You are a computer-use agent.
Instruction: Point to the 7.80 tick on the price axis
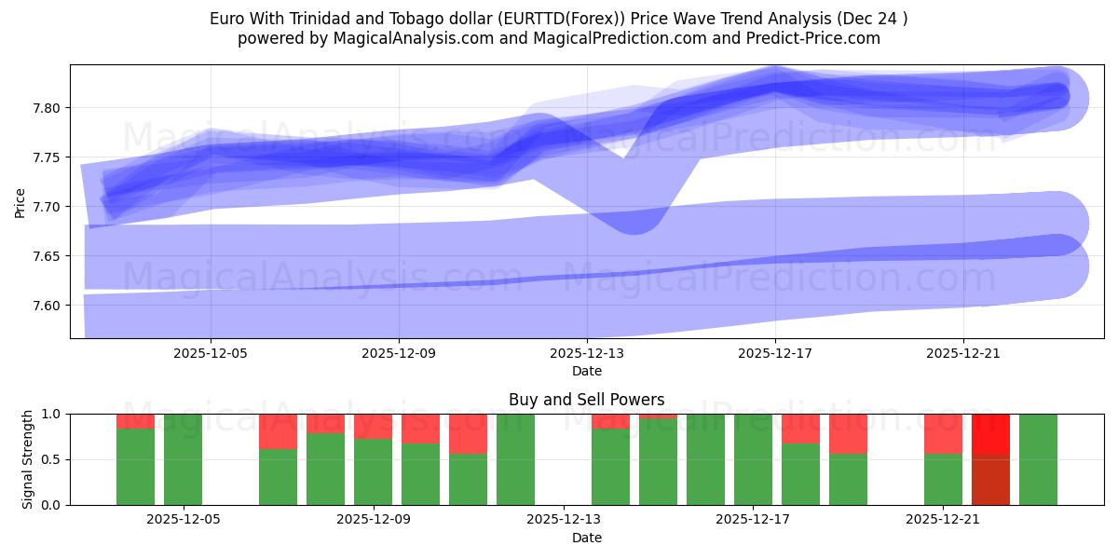click(x=47, y=108)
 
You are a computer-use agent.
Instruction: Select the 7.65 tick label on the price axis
click(x=47, y=256)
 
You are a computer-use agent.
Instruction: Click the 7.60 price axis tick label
click(x=47, y=306)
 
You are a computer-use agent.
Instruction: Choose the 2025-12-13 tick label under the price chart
click(x=587, y=353)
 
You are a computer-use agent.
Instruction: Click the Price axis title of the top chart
click(x=20, y=202)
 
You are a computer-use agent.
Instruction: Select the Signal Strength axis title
click(x=28, y=459)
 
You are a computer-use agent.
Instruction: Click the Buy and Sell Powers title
click(x=587, y=400)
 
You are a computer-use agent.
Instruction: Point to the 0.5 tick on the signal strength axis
click(x=52, y=459)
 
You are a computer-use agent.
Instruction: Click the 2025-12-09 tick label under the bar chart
click(x=374, y=519)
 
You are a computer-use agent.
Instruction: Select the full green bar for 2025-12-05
click(x=184, y=459)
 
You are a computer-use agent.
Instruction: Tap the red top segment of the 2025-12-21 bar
click(x=943, y=433)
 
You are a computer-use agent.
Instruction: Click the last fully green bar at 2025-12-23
click(x=1038, y=459)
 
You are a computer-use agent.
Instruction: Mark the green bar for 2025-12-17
click(x=753, y=459)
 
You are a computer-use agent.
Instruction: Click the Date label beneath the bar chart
click(x=587, y=538)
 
